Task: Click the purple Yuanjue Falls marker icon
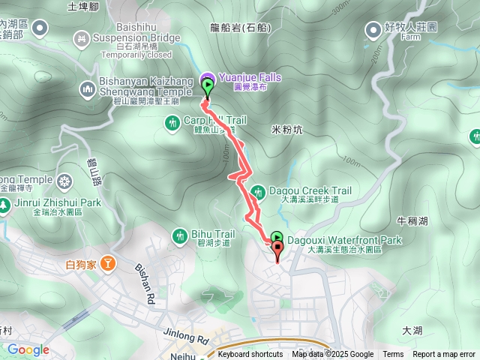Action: (x=207, y=77)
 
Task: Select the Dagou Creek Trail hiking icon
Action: (x=257, y=191)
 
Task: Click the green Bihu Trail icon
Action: (x=179, y=235)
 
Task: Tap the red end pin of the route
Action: (x=278, y=250)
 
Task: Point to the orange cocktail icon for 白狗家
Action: (x=109, y=263)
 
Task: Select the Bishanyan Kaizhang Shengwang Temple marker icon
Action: (x=87, y=90)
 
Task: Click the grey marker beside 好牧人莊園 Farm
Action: (x=373, y=29)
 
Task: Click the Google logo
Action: (x=28, y=349)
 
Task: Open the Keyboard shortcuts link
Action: (x=250, y=355)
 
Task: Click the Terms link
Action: (x=393, y=355)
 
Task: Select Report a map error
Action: (x=444, y=355)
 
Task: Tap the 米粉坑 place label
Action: (x=286, y=130)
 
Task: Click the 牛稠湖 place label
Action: (x=412, y=221)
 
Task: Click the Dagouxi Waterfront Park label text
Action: (x=345, y=241)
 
